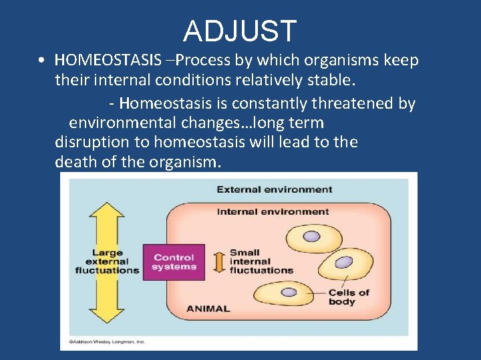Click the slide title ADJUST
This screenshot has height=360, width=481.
tap(240, 31)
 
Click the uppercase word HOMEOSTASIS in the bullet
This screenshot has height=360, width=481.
tap(108, 60)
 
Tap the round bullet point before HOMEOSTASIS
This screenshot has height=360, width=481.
tap(41, 61)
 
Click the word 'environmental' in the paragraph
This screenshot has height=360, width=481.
tap(125, 123)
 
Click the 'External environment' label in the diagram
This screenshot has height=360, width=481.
tap(274, 189)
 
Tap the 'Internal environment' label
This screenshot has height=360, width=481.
tap(273, 211)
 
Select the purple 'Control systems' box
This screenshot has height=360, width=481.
tap(174, 262)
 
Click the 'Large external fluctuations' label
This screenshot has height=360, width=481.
tap(107, 261)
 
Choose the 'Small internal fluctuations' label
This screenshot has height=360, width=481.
tap(261, 261)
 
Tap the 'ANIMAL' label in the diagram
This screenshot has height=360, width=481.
tap(208, 309)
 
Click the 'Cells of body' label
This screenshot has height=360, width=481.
tap(348, 297)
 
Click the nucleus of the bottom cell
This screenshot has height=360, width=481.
tap(289, 292)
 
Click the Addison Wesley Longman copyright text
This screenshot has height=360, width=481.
tap(103, 341)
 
